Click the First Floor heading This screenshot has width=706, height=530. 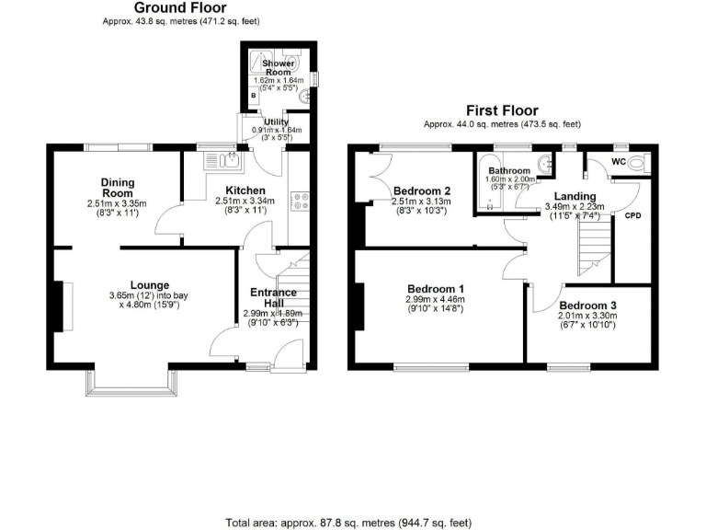tap(501, 109)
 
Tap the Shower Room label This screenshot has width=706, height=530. tap(277, 68)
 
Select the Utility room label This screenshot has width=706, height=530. tap(276, 121)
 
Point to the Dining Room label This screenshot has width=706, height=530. tap(118, 187)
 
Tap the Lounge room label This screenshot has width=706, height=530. tap(148, 283)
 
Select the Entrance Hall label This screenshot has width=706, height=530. tap(274, 297)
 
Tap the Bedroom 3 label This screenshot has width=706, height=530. tap(587, 305)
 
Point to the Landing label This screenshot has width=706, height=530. tap(575, 196)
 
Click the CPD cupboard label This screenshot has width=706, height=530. tap(632, 217)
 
